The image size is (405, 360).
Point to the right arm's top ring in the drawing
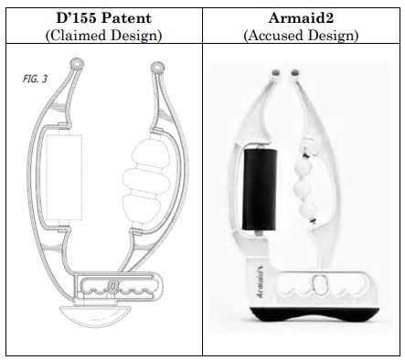pos(160,66)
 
